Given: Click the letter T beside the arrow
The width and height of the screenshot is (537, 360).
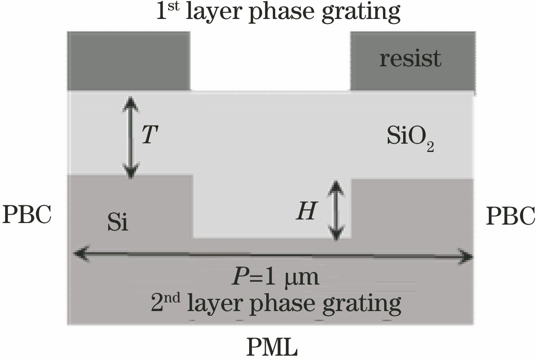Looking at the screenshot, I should pyautogui.click(x=150, y=135).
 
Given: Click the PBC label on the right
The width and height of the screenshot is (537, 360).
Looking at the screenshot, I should pyautogui.click(x=510, y=216).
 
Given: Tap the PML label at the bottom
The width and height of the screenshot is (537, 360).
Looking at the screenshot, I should pyautogui.click(x=272, y=347).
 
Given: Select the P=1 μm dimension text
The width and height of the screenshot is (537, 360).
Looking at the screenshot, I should pyautogui.click(x=275, y=277).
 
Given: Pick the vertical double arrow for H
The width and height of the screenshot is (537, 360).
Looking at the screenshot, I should pyautogui.click(x=336, y=210).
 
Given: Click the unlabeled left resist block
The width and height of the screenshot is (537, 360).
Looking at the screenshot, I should pyautogui.click(x=128, y=61).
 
